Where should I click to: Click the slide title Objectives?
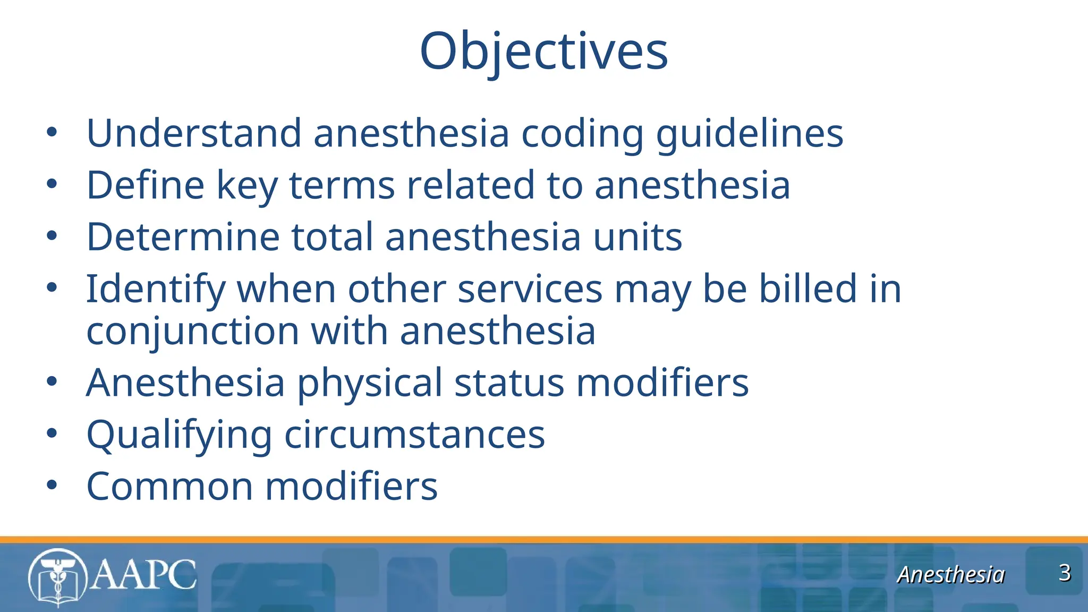543,51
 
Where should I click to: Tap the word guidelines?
749,134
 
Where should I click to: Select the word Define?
145,185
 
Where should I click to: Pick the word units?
637,237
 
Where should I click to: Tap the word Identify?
156,290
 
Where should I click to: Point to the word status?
509,382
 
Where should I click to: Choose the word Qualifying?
179,435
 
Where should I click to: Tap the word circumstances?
414,435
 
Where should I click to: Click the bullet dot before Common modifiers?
52,485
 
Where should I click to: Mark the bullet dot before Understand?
52,132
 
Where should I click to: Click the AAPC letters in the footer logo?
143,575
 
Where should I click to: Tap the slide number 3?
1064,573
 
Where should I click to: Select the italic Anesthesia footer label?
950,575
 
